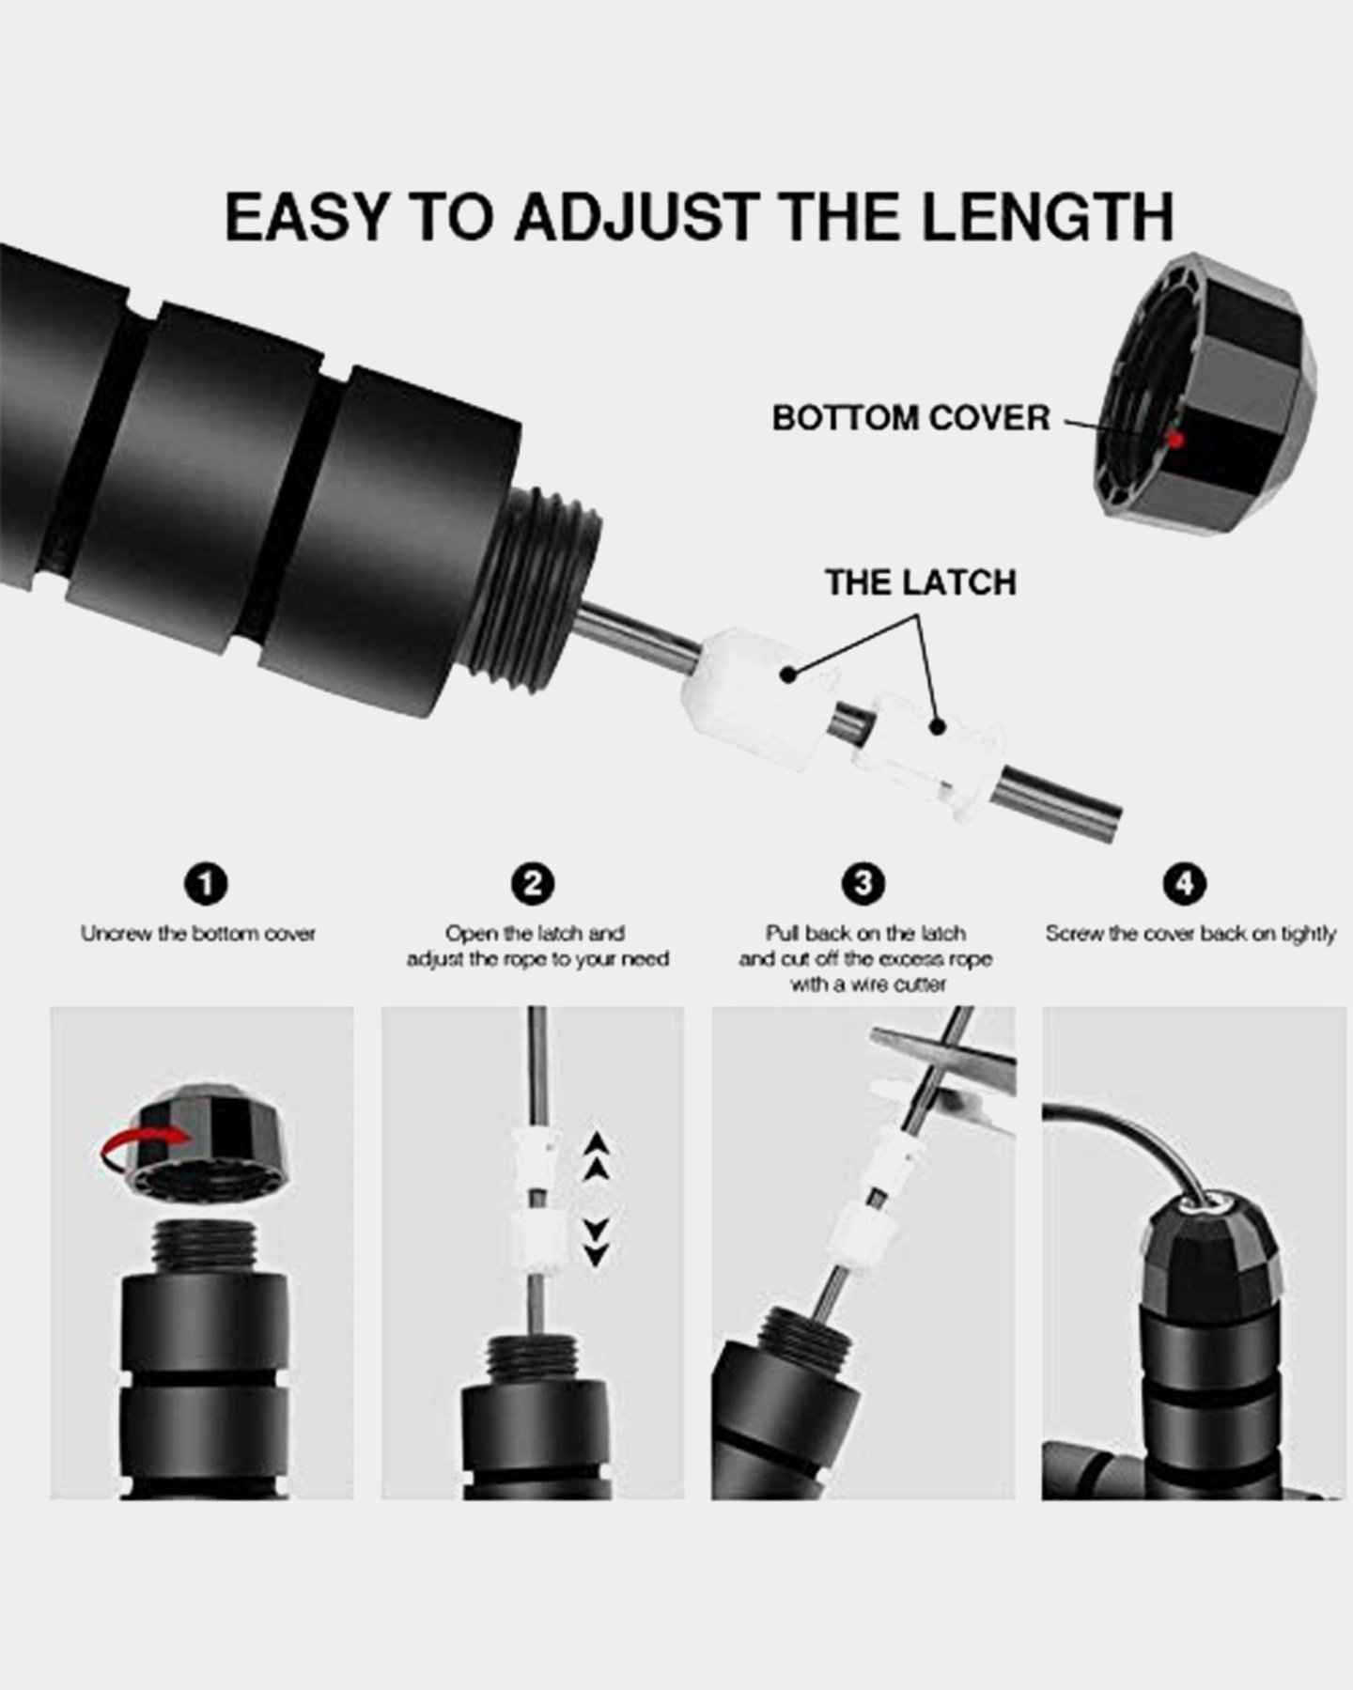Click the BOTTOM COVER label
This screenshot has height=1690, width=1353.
tap(910, 418)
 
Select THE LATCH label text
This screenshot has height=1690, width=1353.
tap(920, 582)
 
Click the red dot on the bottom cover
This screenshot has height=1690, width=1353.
tap(1174, 438)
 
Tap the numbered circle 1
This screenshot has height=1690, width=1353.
tap(207, 884)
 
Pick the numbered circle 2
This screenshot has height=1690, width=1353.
tap(533, 884)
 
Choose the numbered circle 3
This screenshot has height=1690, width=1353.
tap(863, 884)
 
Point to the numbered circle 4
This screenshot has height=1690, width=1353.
tap(1185, 884)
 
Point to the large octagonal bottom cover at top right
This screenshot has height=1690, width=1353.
tap(1207, 395)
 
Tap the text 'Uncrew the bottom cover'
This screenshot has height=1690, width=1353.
tap(197, 934)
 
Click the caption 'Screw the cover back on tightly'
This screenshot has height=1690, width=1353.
tap(1190, 934)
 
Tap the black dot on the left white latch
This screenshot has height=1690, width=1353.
tap(788, 673)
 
